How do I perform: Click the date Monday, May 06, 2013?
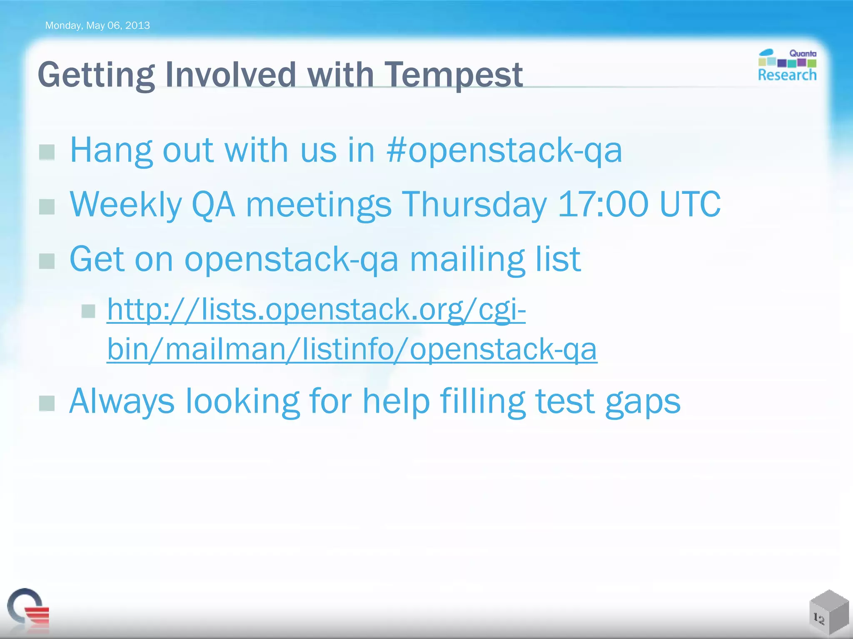[x=97, y=26]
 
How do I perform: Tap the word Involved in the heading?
[x=230, y=75]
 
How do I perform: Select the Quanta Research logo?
[x=787, y=65]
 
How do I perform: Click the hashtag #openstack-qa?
[x=504, y=151]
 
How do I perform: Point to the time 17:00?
[x=603, y=204]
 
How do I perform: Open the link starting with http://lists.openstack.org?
[x=316, y=310]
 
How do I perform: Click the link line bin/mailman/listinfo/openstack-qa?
[x=352, y=349]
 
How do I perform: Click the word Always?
[x=122, y=402]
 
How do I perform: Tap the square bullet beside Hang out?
[x=47, y=152]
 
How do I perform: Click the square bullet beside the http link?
[x=88, y=311]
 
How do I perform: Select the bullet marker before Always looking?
[x=47, y=403]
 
